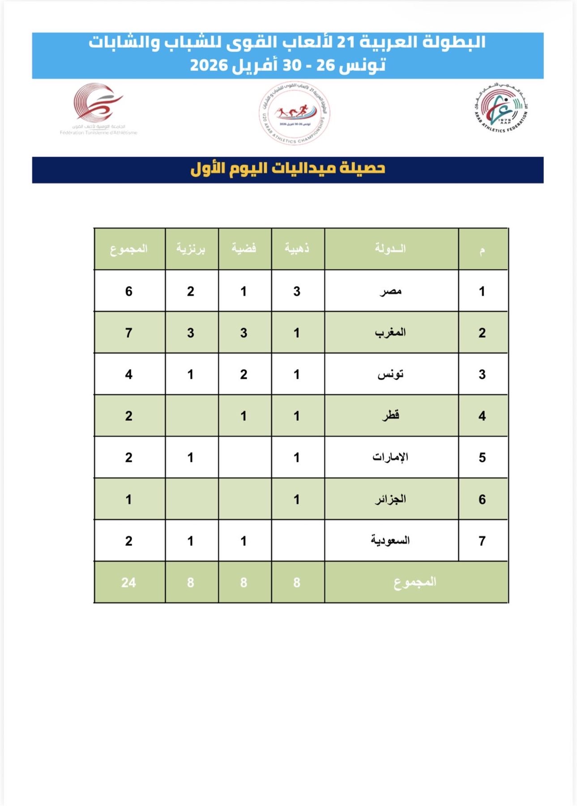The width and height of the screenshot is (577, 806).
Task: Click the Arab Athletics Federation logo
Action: (x=501, y=109)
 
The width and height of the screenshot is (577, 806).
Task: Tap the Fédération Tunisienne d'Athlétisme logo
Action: (x=98, y=108)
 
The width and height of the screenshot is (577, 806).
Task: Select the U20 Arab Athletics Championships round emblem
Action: (x=294, y=113)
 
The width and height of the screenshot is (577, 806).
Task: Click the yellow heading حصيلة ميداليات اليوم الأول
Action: (x=288, y=168)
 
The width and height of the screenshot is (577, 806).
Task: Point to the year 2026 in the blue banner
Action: (x=209, y=65)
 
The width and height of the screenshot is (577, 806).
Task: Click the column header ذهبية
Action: (x=297, y=248)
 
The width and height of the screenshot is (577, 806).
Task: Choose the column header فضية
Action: (x=244, y=248)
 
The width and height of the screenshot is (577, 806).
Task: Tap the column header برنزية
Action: (x=191, y=248)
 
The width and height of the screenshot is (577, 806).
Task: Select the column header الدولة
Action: (x=391, y=248)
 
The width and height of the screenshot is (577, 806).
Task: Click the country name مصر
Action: (x=391, y=292)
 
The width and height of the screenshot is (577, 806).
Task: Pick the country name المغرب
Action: (x=391, y=333)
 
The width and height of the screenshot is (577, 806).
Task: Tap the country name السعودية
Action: (x=390, y=540)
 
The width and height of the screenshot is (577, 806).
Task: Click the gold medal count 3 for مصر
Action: (x=297, y=292)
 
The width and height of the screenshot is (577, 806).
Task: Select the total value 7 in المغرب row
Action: (x=129, y=333)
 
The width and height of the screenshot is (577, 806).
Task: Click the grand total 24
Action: (x=128, y=582)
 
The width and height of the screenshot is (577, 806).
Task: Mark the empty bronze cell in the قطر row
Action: (x=191, y=416)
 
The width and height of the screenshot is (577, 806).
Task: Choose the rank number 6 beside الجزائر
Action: (x=482, y=499)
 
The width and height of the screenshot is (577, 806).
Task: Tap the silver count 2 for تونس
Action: (x=244, y=374)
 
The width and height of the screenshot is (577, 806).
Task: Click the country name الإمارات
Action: (x=390, y=457)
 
